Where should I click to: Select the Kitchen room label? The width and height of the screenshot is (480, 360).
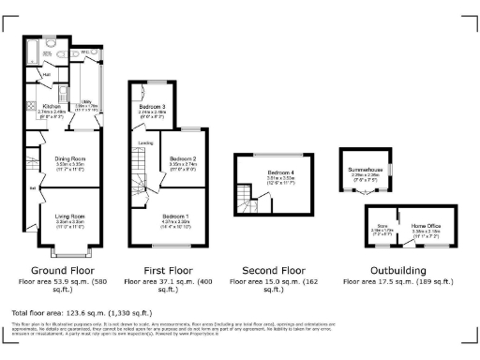pyautogui.click(x=52, y=107)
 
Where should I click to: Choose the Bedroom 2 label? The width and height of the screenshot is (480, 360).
pyautogui.click(x=182, y=158)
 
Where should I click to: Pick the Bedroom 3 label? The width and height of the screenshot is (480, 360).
pyautogui.click(x=152, y=106)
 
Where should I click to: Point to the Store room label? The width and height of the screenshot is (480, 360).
pyautogui.click(x=382, y=225)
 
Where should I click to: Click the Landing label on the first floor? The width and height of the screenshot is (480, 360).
pyautogui.click(x=147, y=142)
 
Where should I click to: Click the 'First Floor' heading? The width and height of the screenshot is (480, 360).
pyautogui.click(x=158, y=269)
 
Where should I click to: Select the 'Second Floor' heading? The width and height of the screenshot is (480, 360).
pyautogui.click(x=272, y=269)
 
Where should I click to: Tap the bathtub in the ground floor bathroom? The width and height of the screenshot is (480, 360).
pyautogui.click(x=48, y=44)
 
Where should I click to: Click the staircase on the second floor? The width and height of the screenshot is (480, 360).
pyautogui.click(x=245, y=198)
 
